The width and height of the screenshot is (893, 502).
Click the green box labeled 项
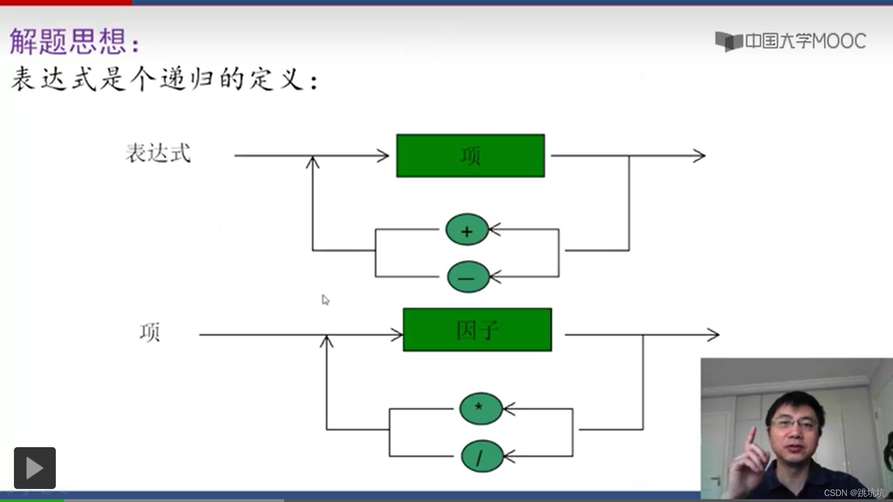(x=470, y=156)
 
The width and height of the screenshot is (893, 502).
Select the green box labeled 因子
(x=477, y=330)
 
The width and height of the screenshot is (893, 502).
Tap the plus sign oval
(x=467, y=230)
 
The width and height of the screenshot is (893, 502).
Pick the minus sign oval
(x=468, y=277)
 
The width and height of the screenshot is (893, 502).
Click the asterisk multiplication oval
(x=480, y=409)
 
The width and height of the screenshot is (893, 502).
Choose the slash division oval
(x=482, y=456)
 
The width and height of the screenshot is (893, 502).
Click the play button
(x=35, y=468)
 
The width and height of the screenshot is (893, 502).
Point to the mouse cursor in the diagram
(x=325, y=300)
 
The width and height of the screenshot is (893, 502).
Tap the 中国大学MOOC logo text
(x=805, y=41)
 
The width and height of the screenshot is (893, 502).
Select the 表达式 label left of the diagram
(x=158, y=153)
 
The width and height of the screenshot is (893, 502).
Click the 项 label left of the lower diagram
(x=150, y=332)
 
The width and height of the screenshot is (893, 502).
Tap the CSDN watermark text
(x=854, y=493)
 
